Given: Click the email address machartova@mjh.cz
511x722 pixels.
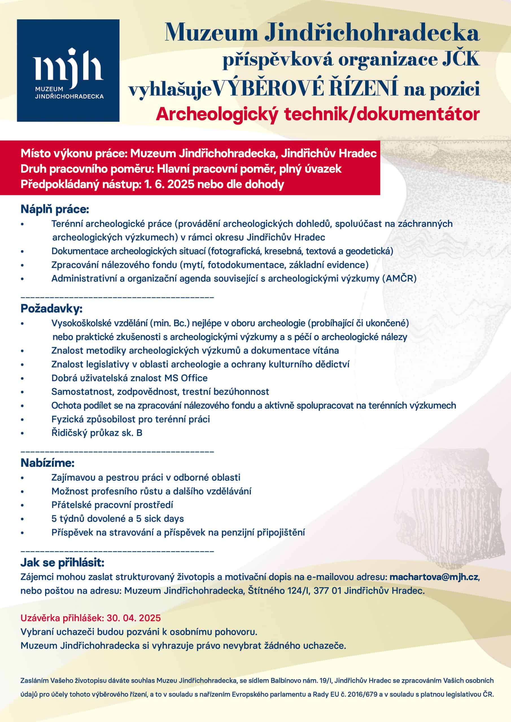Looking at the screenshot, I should point(434,577).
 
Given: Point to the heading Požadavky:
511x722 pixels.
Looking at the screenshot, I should point(51,309).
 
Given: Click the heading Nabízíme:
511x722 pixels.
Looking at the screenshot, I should point(47,463).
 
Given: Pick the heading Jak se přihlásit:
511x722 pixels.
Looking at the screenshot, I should point(62,562).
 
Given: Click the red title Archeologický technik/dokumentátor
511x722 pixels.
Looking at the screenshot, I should point(318,114).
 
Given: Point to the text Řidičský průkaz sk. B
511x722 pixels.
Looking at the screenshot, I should point(97,433).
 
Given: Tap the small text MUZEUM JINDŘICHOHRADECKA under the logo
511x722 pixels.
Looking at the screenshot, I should point(69,93).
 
